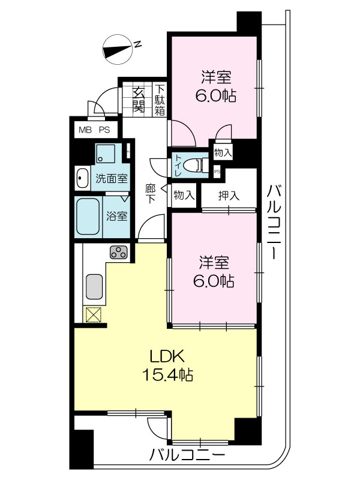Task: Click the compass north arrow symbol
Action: pyautogui.click(x=119, y=49)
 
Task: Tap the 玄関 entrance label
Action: pyautogui.click(x=139, y=100)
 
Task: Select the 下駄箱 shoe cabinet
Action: pyautogui.click(x=160, y=100)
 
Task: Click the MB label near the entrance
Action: pyautogui.click(x=85, y=130)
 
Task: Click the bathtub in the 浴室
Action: pyautogui.click(x=88, y=217)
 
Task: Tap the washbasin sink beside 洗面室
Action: pyautogui.click(x=82, y=178)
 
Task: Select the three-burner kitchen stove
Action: pyautogui.click(x=118, y=253)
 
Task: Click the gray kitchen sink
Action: pyautogui.click(x=94, y=287)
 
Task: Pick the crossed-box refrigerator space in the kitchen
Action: pyautogui.click(x=94, y=314)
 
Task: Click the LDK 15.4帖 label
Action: pyautogui.click(x=167, y=365)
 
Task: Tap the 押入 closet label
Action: pyautogui.click(x=229, y=196)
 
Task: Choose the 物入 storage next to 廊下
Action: pyautogui.click(x=184, y=195)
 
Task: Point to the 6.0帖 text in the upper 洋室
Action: pyautogui.click(x=215, y=97)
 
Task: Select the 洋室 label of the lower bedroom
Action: pyautogui.click(x=214, y=262)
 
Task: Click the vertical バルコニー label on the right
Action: pyautogui.click(x=274, y=222)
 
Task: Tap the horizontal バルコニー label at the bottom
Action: pyautogui.click(x=187, y=455)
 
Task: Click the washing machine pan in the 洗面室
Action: pyautogui.click(x=105, y=153)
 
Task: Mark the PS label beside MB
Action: pyautogui.click(x=104, y=130)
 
